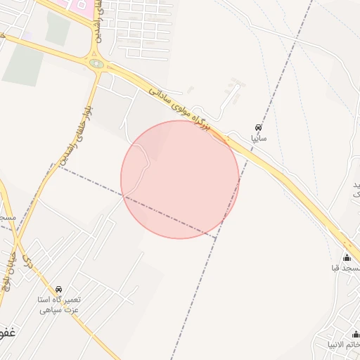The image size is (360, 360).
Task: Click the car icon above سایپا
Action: point(259,128)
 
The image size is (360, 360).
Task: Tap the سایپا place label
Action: point(259,139)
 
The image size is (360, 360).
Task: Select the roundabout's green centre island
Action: point(97,64)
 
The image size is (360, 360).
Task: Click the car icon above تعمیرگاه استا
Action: point(58,289)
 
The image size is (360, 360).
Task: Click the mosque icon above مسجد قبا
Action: point(346,257)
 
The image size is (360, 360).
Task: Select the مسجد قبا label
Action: point(346,268)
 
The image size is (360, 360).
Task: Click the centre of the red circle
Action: point(180,179)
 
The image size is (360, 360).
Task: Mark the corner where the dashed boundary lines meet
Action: point(215,238)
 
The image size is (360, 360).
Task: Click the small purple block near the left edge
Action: point(27,34)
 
